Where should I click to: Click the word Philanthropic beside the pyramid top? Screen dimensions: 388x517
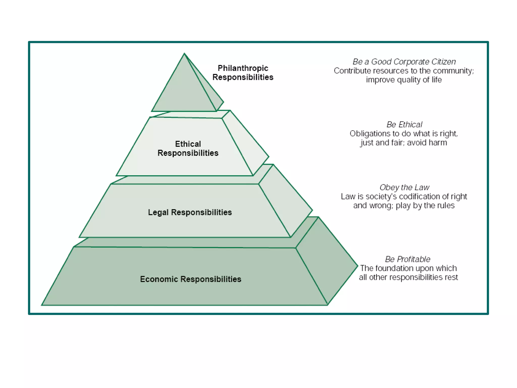coord(243,68)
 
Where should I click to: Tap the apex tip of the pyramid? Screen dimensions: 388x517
coord(184,54)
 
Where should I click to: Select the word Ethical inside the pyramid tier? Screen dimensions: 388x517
coord(188,144)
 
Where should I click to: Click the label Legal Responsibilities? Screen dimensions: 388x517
coord(190,212)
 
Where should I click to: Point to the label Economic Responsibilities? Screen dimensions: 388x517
coord(191,279)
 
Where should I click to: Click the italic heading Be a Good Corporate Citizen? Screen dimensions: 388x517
coord(404,62)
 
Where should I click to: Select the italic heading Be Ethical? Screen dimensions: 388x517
coord(404,125)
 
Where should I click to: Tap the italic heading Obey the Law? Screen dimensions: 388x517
coord(404,187)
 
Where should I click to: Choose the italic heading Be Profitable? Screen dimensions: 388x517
coord(407,259)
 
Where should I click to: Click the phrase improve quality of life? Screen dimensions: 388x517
coord(404,80)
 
